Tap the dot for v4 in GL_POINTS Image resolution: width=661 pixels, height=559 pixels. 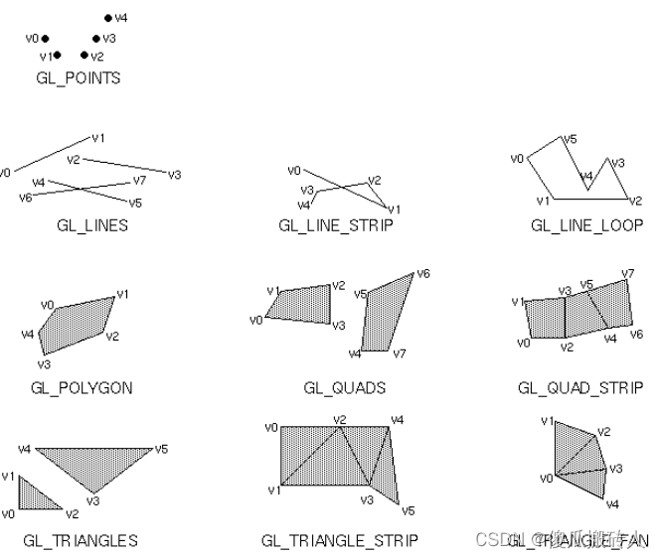click(108, 18)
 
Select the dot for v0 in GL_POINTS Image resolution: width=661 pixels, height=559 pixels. click(45, 38)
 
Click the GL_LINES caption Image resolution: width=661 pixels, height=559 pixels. click(92, 225)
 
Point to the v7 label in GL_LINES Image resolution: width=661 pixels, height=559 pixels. click(139, 181)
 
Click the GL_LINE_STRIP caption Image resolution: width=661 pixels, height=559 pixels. click(336, 225)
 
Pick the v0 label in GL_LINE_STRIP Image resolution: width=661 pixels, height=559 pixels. click(293, 170)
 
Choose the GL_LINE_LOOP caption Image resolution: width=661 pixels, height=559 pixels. click(586, 225)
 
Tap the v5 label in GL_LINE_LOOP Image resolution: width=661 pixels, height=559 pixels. click(570, 140)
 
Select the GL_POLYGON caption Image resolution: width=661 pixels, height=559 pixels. click(82, 388)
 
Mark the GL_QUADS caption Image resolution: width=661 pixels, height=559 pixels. click(344, 388)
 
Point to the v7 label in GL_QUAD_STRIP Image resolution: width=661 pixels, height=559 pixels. click(627, 273)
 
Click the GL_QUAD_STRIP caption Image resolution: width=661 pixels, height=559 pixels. click(579, 388)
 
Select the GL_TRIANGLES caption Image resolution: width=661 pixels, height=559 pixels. click(81, 541)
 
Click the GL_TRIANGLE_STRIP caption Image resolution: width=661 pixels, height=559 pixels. click(340, 541)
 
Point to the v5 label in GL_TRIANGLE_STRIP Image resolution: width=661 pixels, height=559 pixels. click(408, 510)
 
